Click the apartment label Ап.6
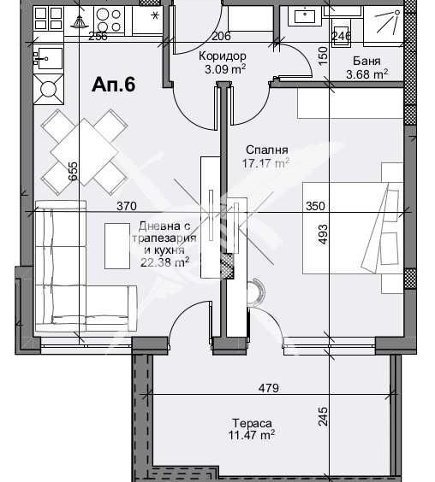pos(113,85)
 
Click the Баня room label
pos(367,61)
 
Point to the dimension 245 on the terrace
pos(323,416)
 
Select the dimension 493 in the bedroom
pos(323,234)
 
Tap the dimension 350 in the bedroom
pos(316,205)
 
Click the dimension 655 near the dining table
pos(74,173)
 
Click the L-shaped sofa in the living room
pos(77,273)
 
